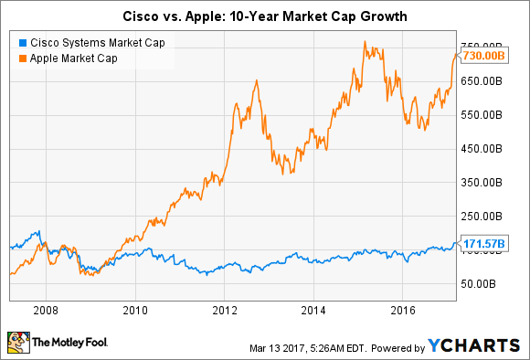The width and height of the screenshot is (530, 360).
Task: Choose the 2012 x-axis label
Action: (225, 310)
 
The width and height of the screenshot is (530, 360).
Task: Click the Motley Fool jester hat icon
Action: (18, 344)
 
